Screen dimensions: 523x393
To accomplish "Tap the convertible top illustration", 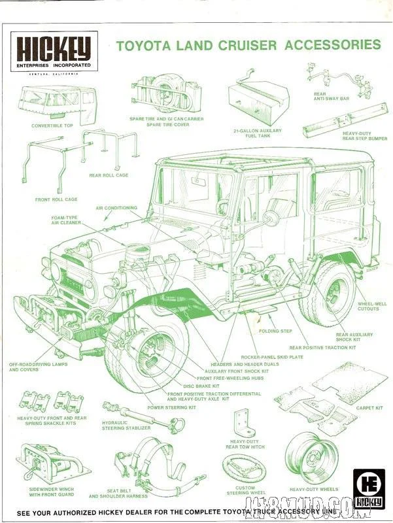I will coord(57,103).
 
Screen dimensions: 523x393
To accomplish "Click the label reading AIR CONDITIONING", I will coord(116,208).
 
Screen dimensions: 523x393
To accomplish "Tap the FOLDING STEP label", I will coord(277,331).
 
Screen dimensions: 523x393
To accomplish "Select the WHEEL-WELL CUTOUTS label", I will coord(371,306).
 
